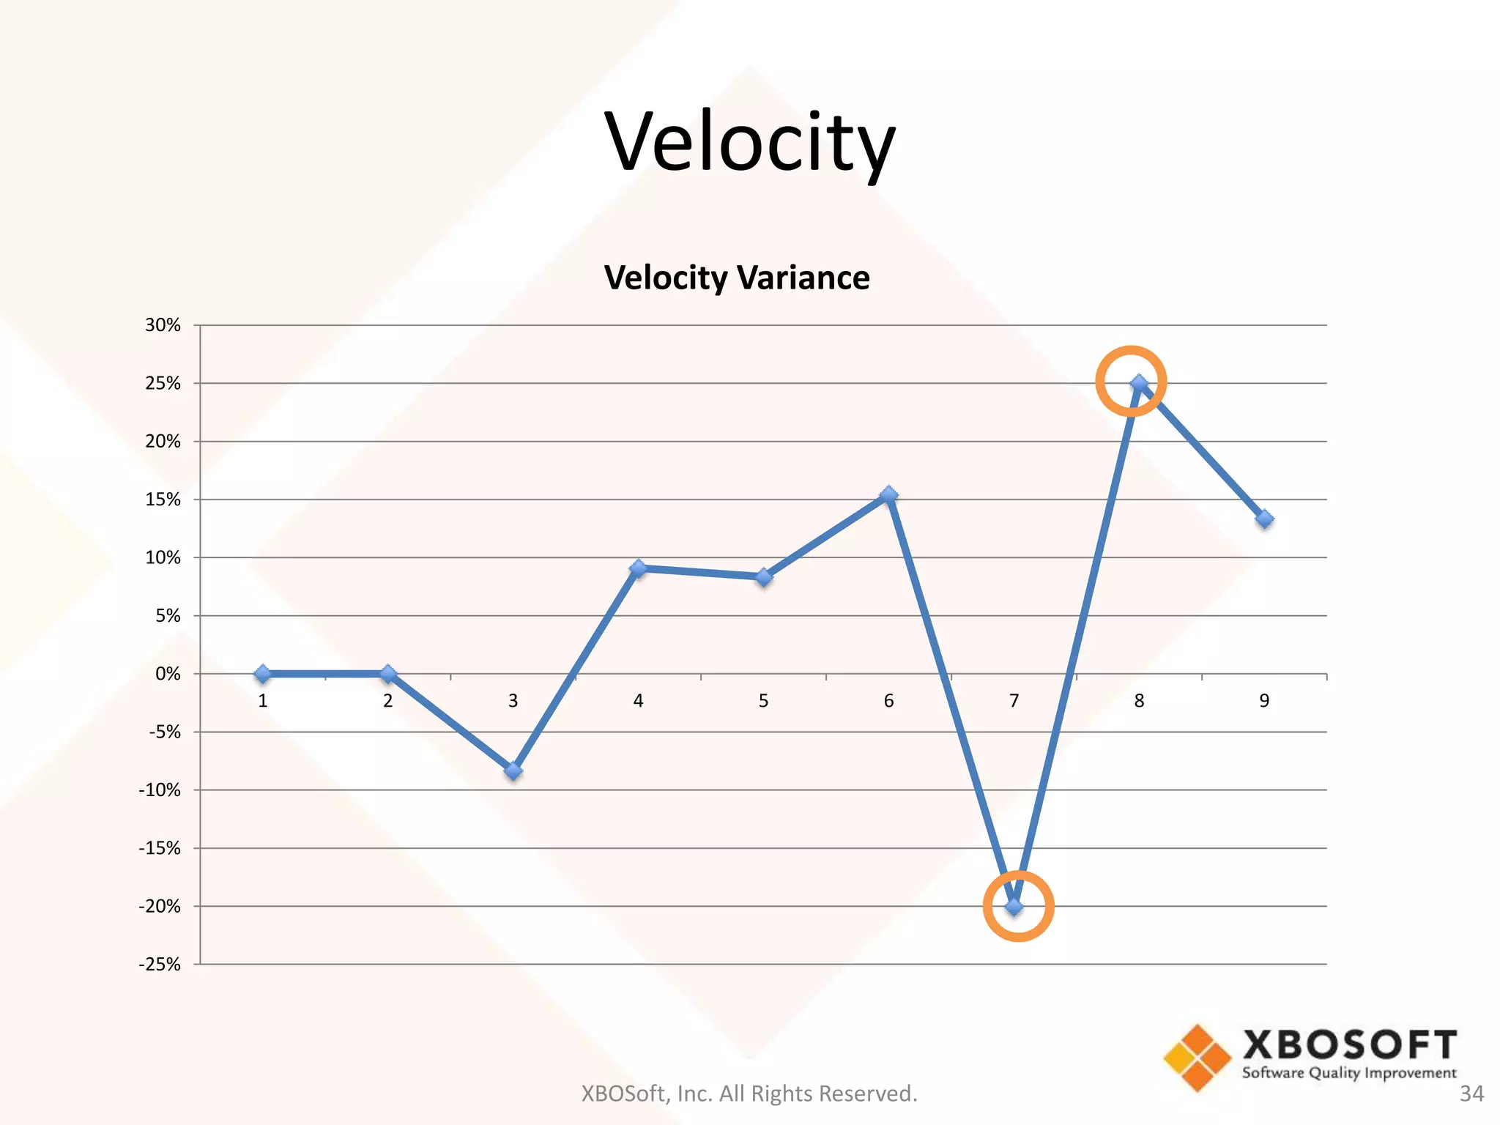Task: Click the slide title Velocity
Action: [749, 143]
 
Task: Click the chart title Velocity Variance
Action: [737, 278]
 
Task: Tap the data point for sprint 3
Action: [513, 771]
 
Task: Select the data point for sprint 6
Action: [888, 496]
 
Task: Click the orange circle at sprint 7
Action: [1018, 906]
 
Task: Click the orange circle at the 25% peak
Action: [1131, 381]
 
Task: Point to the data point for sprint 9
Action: [1264, 519]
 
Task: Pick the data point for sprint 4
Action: [638, 568]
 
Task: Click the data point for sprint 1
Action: [263, 674]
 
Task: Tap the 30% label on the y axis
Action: [163, 325]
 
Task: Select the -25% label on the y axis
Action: [160, 964]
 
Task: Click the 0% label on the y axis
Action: [168, 674]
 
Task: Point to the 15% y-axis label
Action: [163, 500]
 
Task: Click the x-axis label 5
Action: [763, 701]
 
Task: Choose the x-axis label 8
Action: [1139, 701]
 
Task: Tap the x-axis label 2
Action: [387, 701]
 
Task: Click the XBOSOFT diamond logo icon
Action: [1198, 1058]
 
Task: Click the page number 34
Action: [1471, 1094]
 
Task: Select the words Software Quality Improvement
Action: [1349, 1073]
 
